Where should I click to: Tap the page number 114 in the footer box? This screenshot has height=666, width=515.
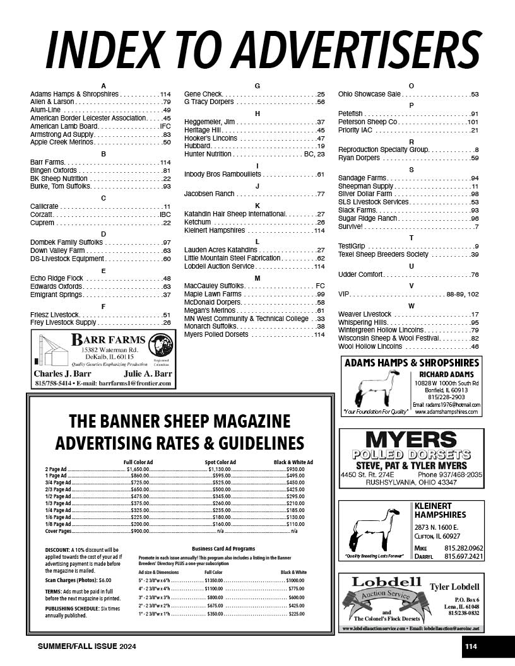(471, 646)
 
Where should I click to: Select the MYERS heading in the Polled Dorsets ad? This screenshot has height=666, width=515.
(411, 440)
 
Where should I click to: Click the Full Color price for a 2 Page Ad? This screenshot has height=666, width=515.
(138, 469)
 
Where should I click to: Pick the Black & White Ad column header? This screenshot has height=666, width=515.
(293, 462)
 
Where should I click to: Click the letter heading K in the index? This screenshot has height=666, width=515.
(257, 206)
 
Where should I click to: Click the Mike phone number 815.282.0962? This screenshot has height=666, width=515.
(464, 548)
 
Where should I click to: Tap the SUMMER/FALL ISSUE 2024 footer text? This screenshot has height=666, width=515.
(87, 647)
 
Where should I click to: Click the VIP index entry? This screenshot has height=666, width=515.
(344, 295)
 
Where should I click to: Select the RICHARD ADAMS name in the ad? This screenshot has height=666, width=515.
(446, 374)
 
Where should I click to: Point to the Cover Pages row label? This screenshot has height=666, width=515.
(57, 531)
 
